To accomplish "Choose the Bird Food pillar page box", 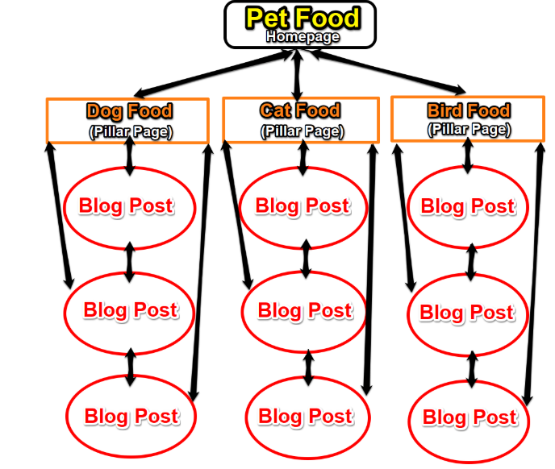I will coord(468,119).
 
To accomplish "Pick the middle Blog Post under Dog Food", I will coord(129,310).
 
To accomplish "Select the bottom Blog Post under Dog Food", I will coord(131,416).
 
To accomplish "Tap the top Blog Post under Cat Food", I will coord(302,206).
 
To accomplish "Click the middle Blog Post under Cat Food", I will coord(304,310).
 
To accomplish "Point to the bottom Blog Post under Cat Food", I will coord(305,417).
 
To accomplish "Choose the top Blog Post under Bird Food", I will coord(467,207).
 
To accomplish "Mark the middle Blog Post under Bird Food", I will coord(467,312).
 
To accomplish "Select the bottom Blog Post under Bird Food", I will coord(469,417).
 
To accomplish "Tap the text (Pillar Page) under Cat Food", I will coord(300,131).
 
